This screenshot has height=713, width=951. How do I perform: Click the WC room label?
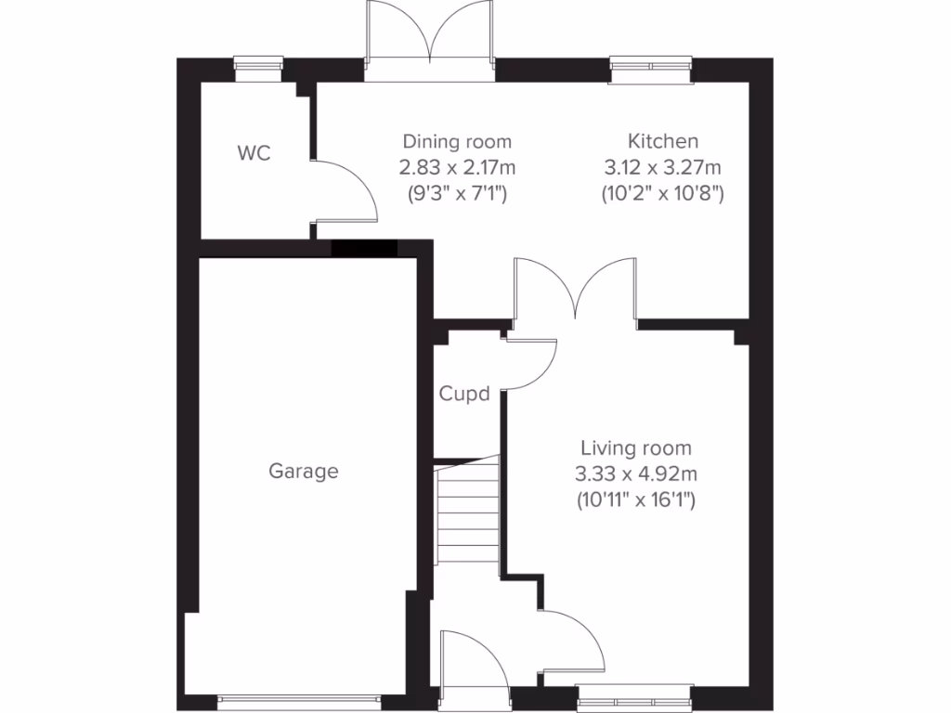pyautogui.click(x=254, y=154)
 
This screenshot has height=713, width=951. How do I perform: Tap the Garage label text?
pyautogui.click(x=304, y=472)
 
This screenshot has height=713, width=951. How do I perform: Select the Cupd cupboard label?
pyautogui.click(x=464, y=395)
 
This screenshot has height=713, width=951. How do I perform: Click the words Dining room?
pyautogui.click(x=457, y=142)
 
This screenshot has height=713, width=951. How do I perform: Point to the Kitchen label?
pyautogui.click(x=663, y=142)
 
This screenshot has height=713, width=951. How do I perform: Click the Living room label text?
pyautogui.click(x=636, y=448)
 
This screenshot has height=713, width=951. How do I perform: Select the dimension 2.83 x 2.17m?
pyautogui.click(x=457, y=168)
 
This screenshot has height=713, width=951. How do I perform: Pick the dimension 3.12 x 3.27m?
pyautogui.click(x=663, y=168)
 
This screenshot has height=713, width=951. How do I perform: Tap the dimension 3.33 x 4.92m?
pyautogui.click(x=636, y=474)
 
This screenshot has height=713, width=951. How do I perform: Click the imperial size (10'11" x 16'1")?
pyautogui.click(x=636, y=500)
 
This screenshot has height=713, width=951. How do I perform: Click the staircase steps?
pyautogui.click(x=469, y=515)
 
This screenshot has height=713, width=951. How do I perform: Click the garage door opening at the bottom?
pyautogui.click(x=299, y=697)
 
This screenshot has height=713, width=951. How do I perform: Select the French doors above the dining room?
pyautogui.click(x=429, y=37)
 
